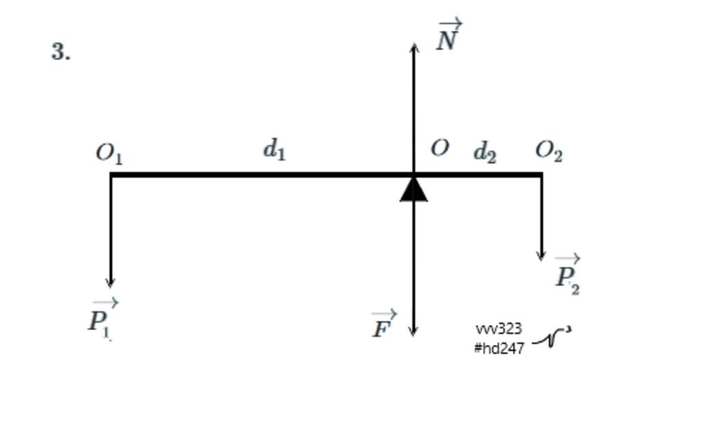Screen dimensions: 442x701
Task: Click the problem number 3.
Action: pyautogui.click(x=60, y=52)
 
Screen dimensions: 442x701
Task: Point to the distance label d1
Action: pyautogui.click(x=275, y=148)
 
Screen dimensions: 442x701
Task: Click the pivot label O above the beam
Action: pyautogui.click(x=439, y=148)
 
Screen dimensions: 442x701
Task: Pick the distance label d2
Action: pyautogui.click(x=485, y=152)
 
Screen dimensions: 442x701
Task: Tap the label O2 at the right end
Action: pyautogui.click(x=549, y=151)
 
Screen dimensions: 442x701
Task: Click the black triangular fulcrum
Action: pyautogui.click(x=413, y=190)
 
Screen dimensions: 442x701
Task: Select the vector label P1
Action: pyautogui.click(x=101, y=318)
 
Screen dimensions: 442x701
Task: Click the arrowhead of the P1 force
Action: pyautogui.click(x=110, y=283)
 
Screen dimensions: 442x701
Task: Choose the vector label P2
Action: pyautogui.click(x=568, y=275)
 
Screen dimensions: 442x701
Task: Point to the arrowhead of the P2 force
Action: pyautogui.click(x=541, y=256)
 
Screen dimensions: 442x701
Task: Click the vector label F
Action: pyautogui.click(x=383, y=326)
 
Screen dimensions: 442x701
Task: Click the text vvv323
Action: pyautogui.click(x=499, y=330)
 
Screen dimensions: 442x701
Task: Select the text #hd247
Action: pyautogui.click(x=499, y=348)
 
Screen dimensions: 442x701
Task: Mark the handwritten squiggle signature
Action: pyautogui.click(x=552, y=337)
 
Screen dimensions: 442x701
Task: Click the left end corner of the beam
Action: pyautogui.click(x=112, y=175)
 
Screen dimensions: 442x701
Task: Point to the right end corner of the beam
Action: pyautogui.click(x=541, y=175)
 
